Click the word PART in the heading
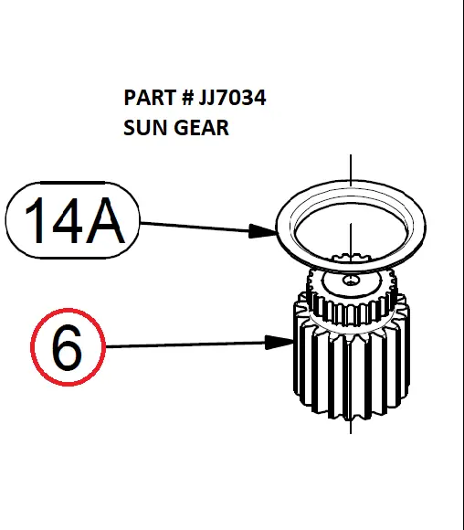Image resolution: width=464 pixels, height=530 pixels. click(149, 98)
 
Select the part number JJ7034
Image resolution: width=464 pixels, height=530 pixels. click(232, 98)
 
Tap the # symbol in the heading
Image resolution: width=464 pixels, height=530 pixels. click(187, 98)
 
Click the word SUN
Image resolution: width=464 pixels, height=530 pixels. click(145, 127)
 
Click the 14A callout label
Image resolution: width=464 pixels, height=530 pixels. click(72, 220)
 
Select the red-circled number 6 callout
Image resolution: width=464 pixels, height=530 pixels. click(68, 347)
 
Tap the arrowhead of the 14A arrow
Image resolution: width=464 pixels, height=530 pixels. click(263, 231)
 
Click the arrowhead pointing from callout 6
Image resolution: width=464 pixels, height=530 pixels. click(279, 343)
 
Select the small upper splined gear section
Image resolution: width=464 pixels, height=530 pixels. click(352, 298)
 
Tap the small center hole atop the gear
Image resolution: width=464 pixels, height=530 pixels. click(351, 280)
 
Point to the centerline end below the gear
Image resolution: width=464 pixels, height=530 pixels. click(351, 433)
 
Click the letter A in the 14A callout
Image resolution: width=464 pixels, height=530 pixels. click(105, 220)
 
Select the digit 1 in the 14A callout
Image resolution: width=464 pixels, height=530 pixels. click(35, 220)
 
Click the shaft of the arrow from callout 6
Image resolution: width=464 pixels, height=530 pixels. click(185, 344)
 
